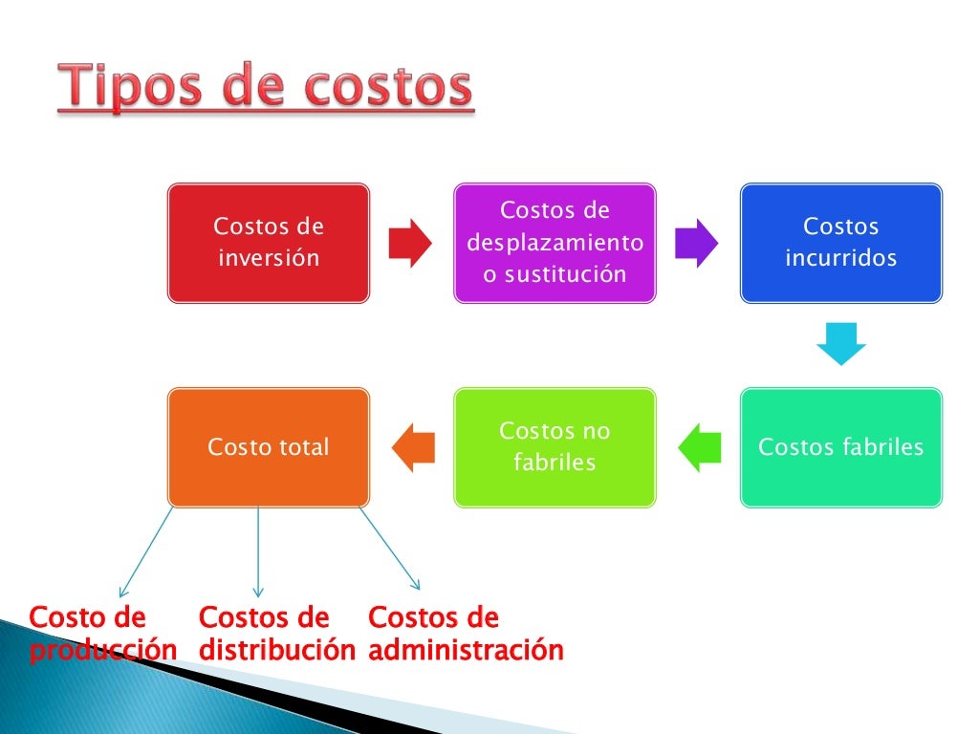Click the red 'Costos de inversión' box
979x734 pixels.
pos(268,243)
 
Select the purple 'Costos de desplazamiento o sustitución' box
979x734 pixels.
pos(555,243)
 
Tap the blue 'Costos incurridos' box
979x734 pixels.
pos(840,243)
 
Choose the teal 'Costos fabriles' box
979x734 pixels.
pos(840,446)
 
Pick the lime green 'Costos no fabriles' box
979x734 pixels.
pos(555,446)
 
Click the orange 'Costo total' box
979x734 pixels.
pos(268,446)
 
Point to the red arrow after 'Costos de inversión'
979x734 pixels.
pos(411,243)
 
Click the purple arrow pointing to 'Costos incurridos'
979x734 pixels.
pos(696,243)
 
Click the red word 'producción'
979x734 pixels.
pos(103,651)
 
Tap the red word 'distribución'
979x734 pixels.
pos(277,651)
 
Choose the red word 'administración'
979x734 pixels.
pos(466,651)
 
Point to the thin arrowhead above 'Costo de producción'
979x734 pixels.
pos(122,594)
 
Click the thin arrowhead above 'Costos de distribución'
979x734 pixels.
pos(258,594)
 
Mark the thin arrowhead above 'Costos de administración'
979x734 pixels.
pos(416,585)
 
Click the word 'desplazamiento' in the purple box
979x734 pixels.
pos(555,243)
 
